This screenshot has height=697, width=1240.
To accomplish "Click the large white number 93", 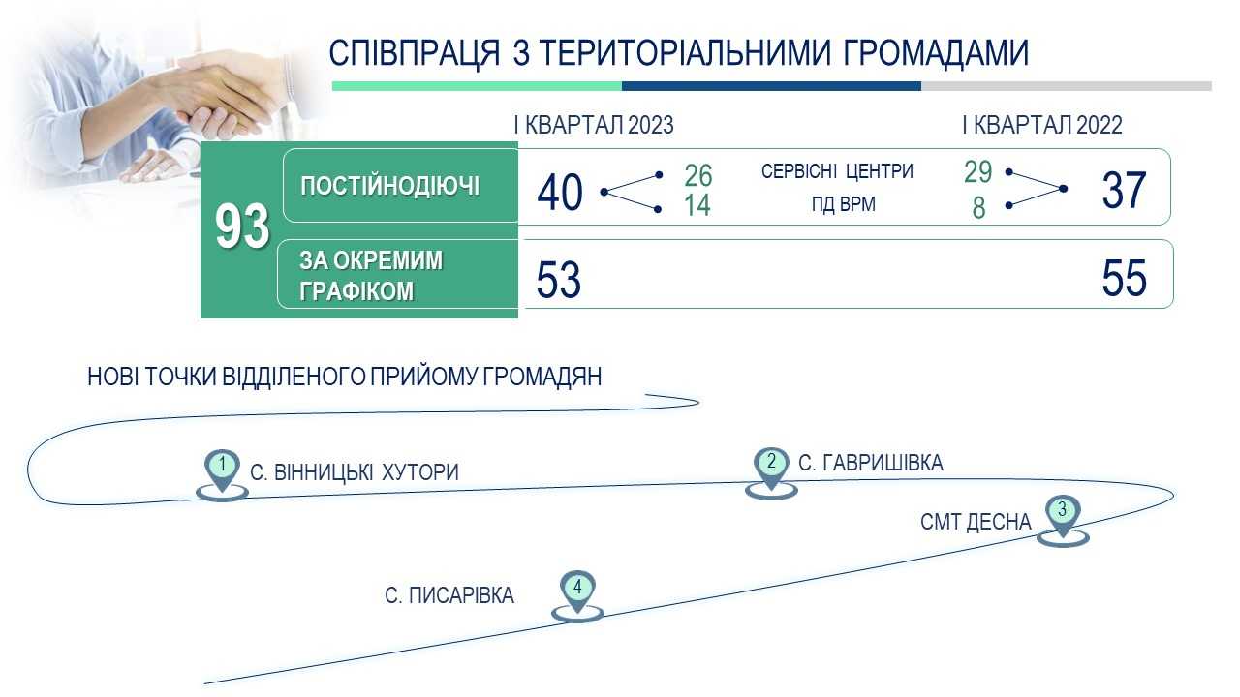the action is [242, 227].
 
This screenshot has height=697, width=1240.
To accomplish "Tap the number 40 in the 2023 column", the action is [560, 193].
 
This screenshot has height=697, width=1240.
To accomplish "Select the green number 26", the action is [697, 176].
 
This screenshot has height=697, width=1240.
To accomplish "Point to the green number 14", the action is [697, 205].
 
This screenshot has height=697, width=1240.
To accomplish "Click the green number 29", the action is [977, 171].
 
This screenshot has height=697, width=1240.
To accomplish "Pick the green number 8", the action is [978, 208].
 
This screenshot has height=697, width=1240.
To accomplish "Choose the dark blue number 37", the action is [1123, 191].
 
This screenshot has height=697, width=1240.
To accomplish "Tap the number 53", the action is [559, 280].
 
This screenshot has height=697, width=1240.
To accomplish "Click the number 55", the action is [1124, 278].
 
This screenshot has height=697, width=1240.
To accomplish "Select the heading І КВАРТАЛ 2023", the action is [594, 125].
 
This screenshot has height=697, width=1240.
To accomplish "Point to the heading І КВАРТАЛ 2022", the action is [1041, 125].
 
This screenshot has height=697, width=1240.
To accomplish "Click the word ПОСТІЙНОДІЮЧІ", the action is [389, 186].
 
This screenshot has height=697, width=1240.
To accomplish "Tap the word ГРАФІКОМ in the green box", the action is [356, 291].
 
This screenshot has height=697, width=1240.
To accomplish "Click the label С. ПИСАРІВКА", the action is [449, 595].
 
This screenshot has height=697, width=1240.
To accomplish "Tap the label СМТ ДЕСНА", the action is [976, 522].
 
